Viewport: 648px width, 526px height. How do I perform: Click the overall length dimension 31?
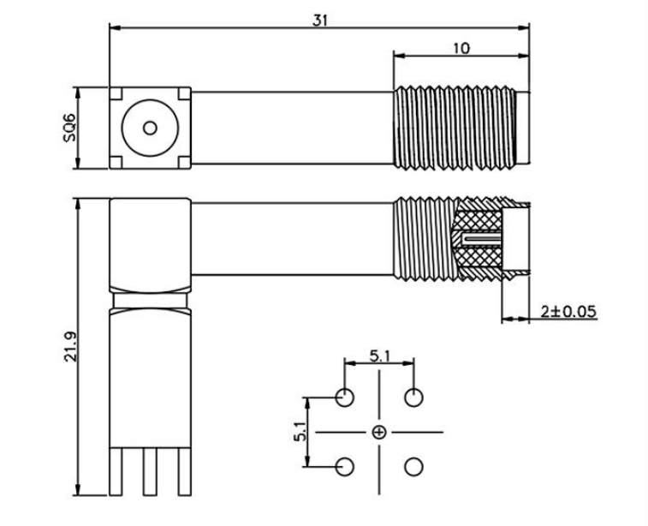pyautogui.click(x=319, y=20)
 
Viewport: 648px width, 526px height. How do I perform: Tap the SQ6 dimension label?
pyautogui.click(x=69, y=128)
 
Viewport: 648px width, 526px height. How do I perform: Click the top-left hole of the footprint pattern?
pyautogui.click(x=345, y=397)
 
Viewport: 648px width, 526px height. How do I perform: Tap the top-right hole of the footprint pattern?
pyautogui.click(x=413, y=397)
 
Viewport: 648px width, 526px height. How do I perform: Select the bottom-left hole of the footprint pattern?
pyautogui.click(x=345, y=467)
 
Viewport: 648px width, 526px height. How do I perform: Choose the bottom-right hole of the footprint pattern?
pyautogui.click(x=413, y=467)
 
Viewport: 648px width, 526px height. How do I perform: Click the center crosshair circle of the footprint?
pyautogui.click(x=379, y=433)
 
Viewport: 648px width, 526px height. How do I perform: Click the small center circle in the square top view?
pyautogui.click(x=151, y=129)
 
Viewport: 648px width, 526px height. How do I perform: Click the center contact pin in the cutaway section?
pyautogui.click(x=479, y=236)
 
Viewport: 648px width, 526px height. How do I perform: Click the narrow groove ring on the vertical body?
pyautogui.click(x=151, y=301)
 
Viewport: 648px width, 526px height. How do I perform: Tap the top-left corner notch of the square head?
pyautogui.click(x=116, y=93)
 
